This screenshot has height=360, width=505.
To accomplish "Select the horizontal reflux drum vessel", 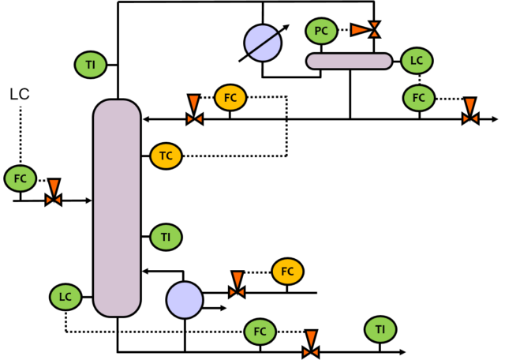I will tap(349, 61).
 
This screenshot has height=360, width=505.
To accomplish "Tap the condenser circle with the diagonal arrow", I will tap(263, 43).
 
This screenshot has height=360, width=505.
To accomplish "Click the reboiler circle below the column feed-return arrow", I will tap(185, 300).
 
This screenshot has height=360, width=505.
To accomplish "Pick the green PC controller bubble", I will tap(321, 31).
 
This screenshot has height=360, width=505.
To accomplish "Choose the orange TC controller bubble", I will tap(166, 156).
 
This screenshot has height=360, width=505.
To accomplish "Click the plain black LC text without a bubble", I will tap(20, 95).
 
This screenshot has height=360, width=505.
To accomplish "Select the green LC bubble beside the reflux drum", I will tap(417, 60).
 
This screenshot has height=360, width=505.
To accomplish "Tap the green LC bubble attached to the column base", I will tap(65, 297).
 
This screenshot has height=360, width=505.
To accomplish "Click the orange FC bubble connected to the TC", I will tap(230, 98).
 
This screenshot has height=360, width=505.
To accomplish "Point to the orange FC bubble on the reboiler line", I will tap(287, 272).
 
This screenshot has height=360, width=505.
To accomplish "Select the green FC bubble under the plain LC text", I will tap(21, 178).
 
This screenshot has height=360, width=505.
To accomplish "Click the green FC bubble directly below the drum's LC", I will tap(418, 98).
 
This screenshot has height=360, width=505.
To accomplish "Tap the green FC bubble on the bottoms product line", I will tap(260, 332).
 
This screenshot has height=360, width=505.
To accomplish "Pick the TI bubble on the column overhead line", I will tap(91, 65).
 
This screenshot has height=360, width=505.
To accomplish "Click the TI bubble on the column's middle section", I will tap(166, 236).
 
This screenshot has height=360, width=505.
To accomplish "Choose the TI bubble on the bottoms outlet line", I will tap(380, 329).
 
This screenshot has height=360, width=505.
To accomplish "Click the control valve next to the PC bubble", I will tap(374, 30).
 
